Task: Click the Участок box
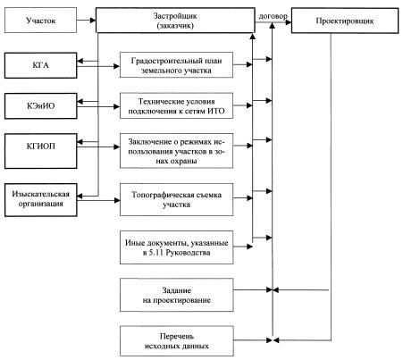click(x=40, y=21)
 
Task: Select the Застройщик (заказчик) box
click(x=175, y=21)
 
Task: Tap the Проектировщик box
click(x=345, y=21)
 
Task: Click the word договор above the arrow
click(x=273, y=16)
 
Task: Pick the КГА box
click(x=40, y=65)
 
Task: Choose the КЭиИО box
click(x=40, y=105)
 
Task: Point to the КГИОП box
click(x=40, y=151)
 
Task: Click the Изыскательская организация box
click(x=40, y=200)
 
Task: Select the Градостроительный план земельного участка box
click(x=176, y=65)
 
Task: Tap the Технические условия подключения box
click(x=176, y=105)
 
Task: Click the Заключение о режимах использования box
click(x=176, y=151)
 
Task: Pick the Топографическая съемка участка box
click(x=176, y=199)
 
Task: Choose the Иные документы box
click(x=176, y=247)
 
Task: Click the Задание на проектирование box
click(x=176, y=295)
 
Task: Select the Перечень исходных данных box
click(x=176, y=341)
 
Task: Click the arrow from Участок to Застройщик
click(x=87, y=21)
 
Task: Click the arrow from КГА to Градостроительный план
click(x=98, y=66)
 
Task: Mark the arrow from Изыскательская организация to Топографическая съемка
click(x=98, y=200)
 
